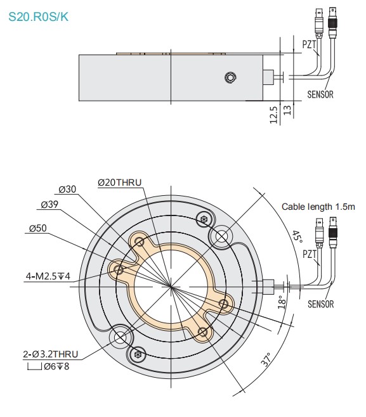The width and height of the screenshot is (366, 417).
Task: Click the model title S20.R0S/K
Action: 39,17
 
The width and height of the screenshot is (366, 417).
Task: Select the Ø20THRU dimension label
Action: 120,183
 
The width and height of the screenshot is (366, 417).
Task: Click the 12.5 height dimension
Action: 273,115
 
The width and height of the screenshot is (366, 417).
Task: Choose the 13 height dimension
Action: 287,110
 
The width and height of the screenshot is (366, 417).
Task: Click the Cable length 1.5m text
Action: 318,207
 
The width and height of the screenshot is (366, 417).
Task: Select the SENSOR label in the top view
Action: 320,304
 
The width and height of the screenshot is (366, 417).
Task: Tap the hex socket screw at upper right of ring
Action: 204,220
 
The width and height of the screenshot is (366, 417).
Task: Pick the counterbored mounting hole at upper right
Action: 222,236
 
